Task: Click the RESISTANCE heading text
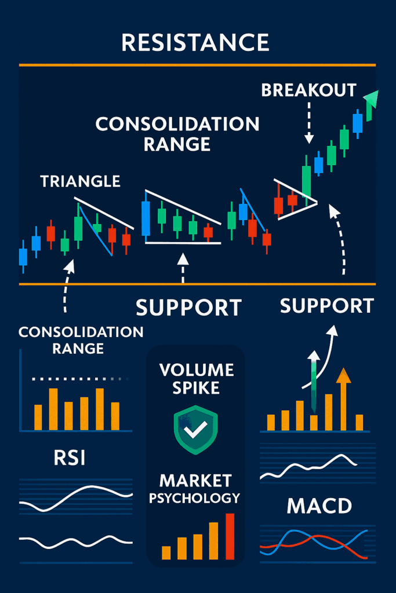pyautogui.click(x=195, y=42)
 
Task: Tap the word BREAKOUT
pyautogui.click(x=308, y=90)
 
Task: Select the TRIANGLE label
pyautogui.click(x=80, y=181)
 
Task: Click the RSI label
pyautogui.click(x=69, y=457)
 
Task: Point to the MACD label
pyautogui.click(x=319, y=506)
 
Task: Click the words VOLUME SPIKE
pyautogui.click(x=196, y=379)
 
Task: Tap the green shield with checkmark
pyautogui.click(x=195, y=430)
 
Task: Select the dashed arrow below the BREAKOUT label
pyautogui.click(x=309, y=123)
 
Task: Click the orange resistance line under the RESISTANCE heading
pyautogui.click(x=197, y=65)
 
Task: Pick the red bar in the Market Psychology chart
pyautogui.click(x=230, y=536)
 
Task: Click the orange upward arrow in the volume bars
pyautogui.click(x=343, y=399)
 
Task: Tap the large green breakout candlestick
pyautogui.click(x=306, y=181)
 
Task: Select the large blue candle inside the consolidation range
pyautogui.click(x=146, y=218)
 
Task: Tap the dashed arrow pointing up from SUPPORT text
pyautogui.click(x=183, y=268)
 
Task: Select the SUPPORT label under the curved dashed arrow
pyautogui.click(x=327, y=306)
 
